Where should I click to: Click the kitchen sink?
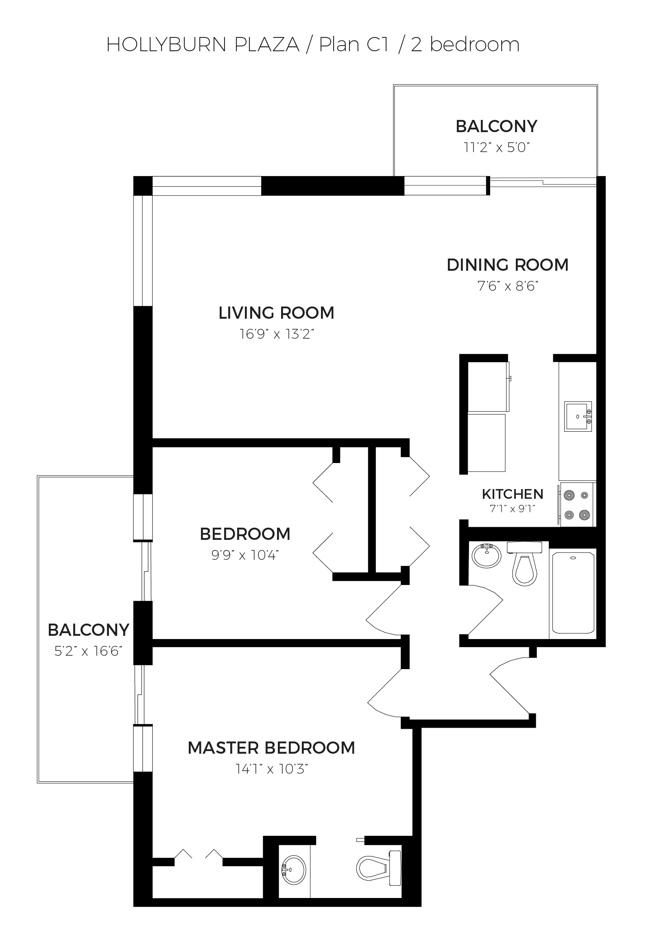click(578, 416)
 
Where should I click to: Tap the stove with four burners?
click(577, 504)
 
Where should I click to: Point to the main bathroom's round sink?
click(487, 555)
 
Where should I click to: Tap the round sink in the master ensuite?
click(293, 870)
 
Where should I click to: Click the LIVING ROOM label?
click(276, 313)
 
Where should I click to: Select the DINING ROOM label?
click(508, 265)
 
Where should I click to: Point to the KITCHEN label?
click(513, 494)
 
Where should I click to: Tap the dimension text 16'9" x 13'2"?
click(277, 334)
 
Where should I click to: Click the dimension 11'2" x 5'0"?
click(496, 147)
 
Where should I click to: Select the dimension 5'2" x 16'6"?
click(88, 651)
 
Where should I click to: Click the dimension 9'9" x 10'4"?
click(245, 555)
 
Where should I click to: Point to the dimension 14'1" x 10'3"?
click(271, 769)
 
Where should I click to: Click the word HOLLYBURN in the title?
click(166, 44)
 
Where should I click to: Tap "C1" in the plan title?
click(378, 44)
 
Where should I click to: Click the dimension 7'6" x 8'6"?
click(508, 286)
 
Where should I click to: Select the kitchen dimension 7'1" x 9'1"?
click(513, 509)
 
